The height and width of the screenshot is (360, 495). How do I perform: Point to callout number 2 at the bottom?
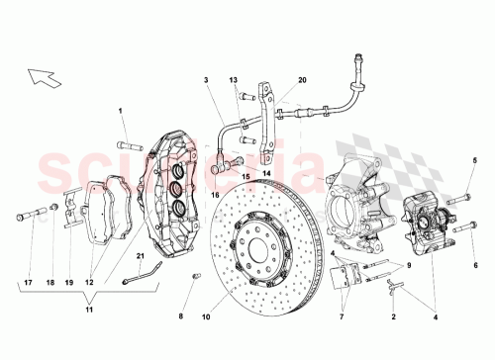[393, 318]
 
